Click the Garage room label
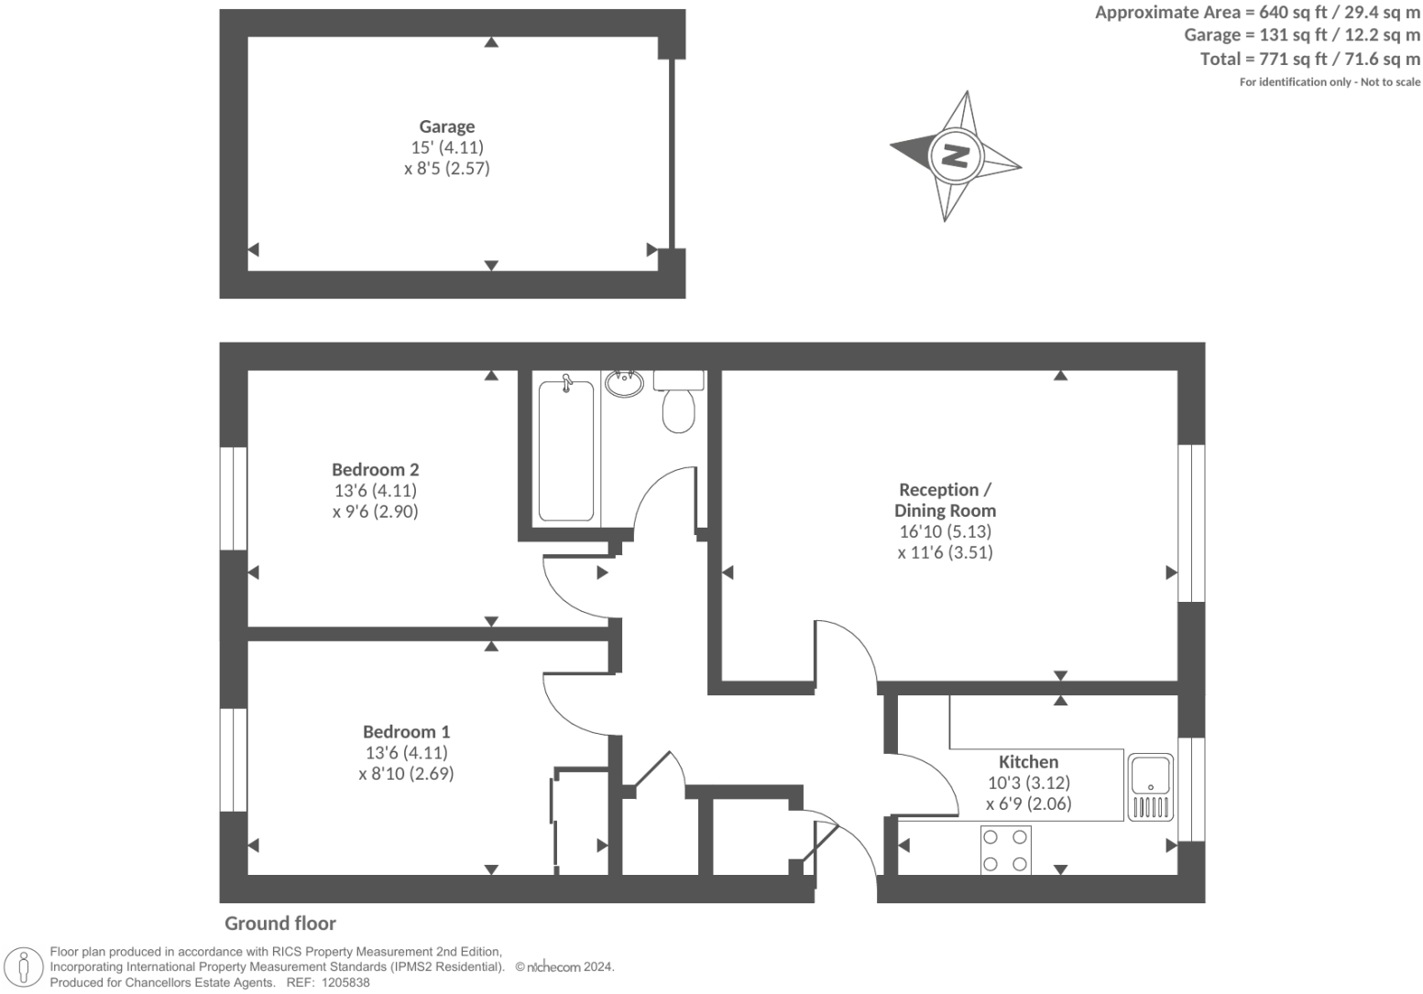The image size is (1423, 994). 447,126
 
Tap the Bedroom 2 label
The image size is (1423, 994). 376,469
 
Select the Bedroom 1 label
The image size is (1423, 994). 406,731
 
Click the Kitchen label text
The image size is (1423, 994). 1028,761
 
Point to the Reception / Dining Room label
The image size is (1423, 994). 945,500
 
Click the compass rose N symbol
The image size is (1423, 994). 956,156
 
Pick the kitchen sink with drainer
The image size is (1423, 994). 1150,787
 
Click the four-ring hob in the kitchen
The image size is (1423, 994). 1005,850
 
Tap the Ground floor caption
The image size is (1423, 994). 280,923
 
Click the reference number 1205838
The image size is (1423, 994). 342,982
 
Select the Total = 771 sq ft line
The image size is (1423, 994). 1309,59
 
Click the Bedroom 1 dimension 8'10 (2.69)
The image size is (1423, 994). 406,773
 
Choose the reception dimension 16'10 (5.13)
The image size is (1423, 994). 945,531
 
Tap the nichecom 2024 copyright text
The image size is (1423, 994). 564,967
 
